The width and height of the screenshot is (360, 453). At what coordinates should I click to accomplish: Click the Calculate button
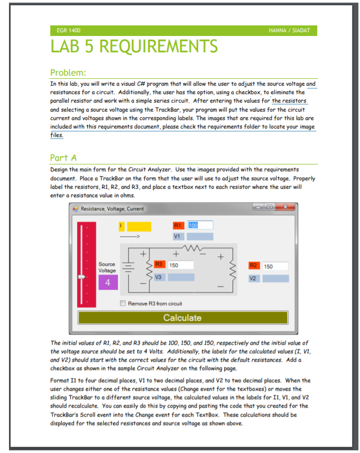click(182, 318)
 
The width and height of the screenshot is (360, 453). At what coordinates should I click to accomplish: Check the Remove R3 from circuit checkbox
click(123, 303)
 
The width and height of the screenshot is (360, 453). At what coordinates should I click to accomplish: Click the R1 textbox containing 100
click(199, 226)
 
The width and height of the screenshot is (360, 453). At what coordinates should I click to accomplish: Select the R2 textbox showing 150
click(275, 266)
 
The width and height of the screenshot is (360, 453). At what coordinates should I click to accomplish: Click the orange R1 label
click(179, 226)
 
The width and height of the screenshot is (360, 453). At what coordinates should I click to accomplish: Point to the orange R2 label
click(254, 266)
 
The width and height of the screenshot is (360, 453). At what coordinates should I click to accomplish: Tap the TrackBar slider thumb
click(81, 276)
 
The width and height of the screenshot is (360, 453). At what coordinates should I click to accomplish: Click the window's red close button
click(285, 208)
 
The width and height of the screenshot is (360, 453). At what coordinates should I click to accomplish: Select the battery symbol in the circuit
click(127, 266)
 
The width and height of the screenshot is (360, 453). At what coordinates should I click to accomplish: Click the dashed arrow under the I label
click(129, 236)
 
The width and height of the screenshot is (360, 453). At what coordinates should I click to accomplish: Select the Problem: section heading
click(68, 72)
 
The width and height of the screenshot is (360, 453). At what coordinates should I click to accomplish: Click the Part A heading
click(63, 158)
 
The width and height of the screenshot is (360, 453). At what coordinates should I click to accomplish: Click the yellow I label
click(122, 226)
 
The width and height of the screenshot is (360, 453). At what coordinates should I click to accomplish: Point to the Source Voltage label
click(107, 267)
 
